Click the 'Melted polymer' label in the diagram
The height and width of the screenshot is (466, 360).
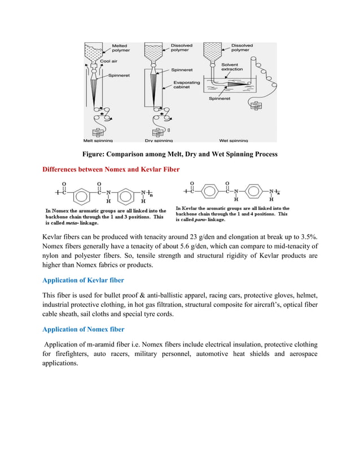[120, 48]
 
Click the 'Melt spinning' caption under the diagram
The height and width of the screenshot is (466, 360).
[98, 140]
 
